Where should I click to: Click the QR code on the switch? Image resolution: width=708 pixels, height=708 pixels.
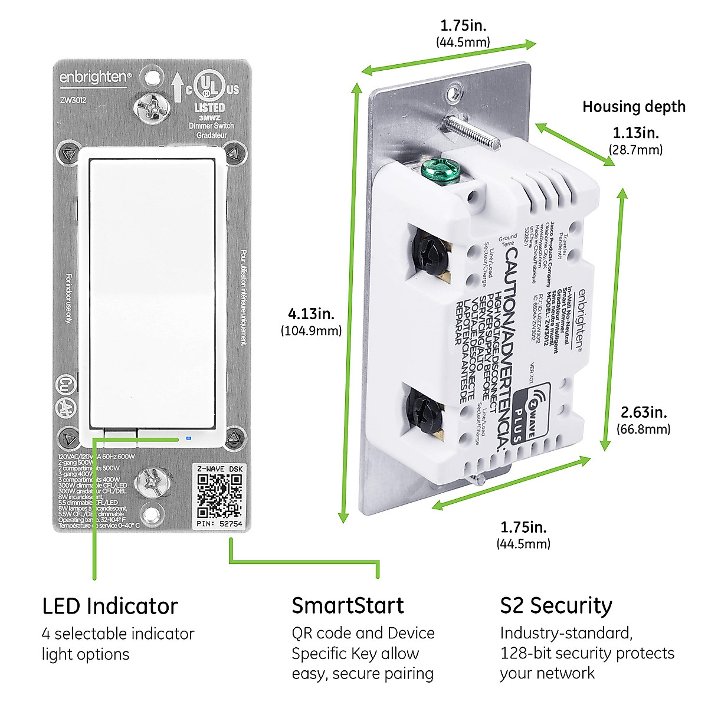pyautogui.click(x=219, y=494)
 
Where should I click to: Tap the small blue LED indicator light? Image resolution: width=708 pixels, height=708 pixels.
pyautogui.click(x=188, y=438)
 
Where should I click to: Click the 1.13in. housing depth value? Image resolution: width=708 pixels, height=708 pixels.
pyautogui.click(x=635, y=133)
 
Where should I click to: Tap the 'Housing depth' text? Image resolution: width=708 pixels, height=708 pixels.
pyautogui.click(x=634, y=107)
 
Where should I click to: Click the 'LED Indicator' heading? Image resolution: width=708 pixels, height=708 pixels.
pyautogui.click(x=110, y=606)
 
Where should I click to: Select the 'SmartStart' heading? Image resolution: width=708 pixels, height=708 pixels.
pyautogui.click(x=348, y=606)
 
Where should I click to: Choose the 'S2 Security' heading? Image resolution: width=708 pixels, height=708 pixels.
pyautogui.click(x=556, y=606)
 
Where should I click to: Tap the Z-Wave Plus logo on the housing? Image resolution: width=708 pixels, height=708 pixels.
pyautogui.click(x=529, y=412)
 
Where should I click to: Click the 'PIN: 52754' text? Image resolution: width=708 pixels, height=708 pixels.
pyautogui.click(x=219, y=523)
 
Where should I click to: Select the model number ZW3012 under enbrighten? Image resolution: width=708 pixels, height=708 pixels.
pyautogui.click(x=73, y=100)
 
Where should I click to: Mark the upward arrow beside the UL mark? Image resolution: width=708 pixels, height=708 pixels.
pyautogui.click(x=178, y=87)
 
